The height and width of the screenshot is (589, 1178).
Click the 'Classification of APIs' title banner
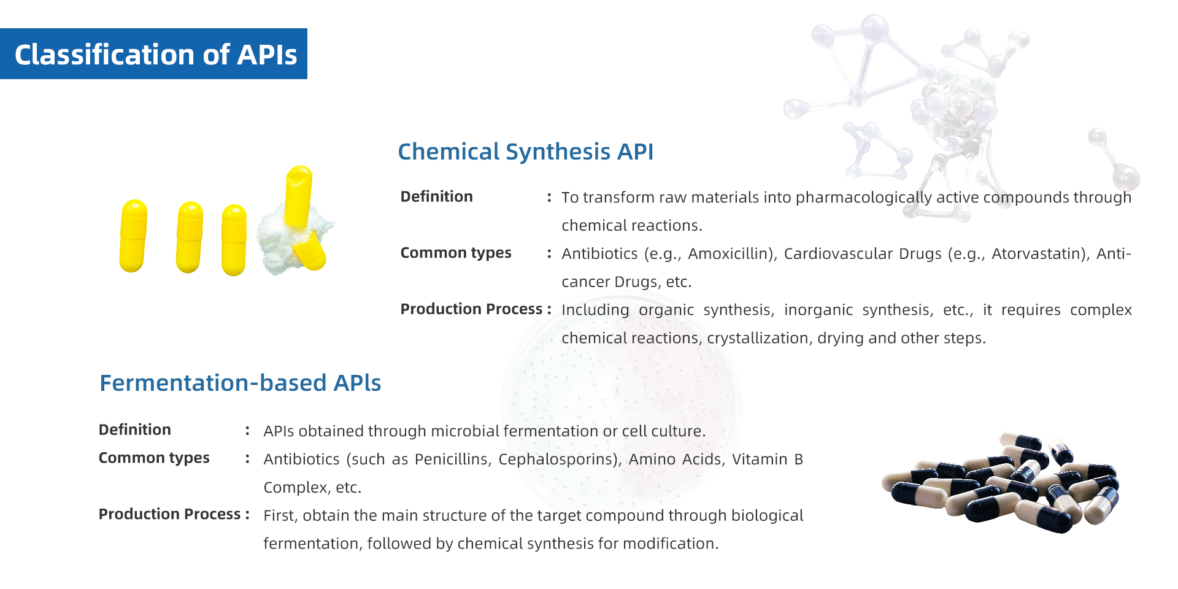click(153, 54)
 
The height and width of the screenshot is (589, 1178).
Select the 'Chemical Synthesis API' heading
click(526, 152)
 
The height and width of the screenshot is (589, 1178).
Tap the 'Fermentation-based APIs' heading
click(240, 383)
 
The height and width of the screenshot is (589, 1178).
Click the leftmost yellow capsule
click(133, 236)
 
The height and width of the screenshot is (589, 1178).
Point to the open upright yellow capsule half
click(299, 196)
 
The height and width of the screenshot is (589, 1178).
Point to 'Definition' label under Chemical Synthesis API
click(436, 196)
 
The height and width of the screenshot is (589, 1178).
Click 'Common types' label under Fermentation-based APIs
click(154, 458)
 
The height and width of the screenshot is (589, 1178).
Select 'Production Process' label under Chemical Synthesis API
click(471, 309)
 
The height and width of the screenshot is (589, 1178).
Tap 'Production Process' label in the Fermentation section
click(169, 514)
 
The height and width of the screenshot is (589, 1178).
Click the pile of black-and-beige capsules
click(1000, 482)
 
